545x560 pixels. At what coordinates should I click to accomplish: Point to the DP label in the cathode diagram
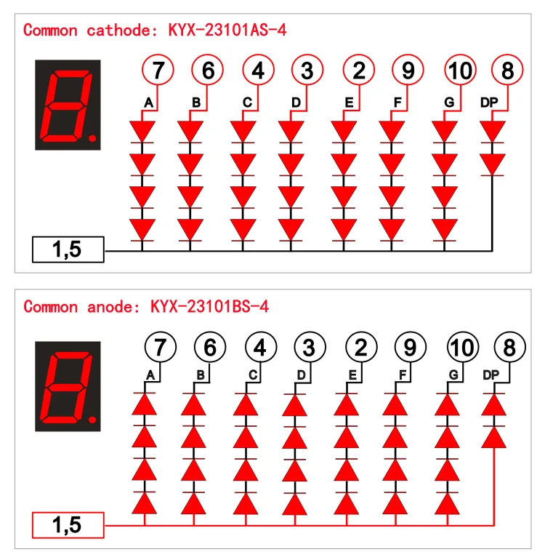(x=489, y=103)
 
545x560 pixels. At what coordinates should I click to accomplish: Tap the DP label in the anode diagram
(x=490, y=375)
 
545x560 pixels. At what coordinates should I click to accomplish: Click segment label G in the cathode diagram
(x=449, y=103)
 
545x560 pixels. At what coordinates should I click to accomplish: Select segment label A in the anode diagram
(x=150, y=375)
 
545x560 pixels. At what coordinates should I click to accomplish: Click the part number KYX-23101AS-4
(x=227, y=30)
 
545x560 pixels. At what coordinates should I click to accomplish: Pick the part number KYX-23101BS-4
(x=209, y=306)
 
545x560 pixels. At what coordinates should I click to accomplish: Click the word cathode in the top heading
(x=118, y=30)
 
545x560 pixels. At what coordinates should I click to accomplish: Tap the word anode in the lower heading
(x=109, y=306)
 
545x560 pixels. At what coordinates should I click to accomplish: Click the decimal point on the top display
(x=92, y=138)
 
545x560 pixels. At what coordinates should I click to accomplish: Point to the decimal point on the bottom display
(x=92, y=420)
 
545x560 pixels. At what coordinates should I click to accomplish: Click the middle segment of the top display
(x=67, y=106)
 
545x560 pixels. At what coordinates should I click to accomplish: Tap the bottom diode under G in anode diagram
(x=447, y=503)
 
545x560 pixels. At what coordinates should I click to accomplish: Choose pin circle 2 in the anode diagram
(x=361, y=347)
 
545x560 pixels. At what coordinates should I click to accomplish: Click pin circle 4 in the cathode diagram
(x=258, y=70)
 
